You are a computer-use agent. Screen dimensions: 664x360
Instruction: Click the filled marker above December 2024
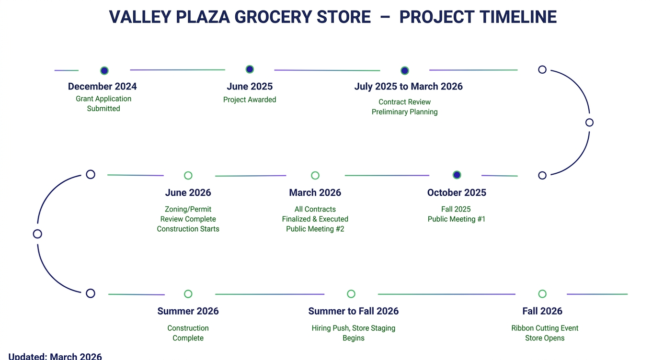(104, 70)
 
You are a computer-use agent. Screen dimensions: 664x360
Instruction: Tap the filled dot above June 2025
(250, 69)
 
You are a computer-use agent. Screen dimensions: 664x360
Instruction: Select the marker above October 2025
(457, 175)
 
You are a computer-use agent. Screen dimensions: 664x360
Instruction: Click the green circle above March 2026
(315, 175)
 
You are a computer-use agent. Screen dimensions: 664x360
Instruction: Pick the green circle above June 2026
(188, 175)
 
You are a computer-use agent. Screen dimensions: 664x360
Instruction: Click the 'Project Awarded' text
(250, 100)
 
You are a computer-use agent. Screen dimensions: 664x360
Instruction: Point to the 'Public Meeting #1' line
(457, 219)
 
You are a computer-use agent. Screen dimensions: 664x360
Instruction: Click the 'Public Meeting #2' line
(315, 229)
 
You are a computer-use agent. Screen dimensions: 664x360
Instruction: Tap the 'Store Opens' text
(545, 338)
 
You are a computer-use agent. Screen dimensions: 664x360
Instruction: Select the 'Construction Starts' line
(188, 229)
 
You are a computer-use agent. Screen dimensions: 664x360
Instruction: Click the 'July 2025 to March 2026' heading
(409, 86)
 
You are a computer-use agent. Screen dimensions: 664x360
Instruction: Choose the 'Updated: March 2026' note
(55, 356)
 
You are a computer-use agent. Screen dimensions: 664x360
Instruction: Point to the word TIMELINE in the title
(518, 17)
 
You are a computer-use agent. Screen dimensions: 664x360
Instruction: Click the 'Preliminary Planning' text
(405, 112)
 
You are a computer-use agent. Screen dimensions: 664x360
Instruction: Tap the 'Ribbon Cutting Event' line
(545, 328)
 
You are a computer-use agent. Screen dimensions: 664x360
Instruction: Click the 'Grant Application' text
(103, 99)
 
